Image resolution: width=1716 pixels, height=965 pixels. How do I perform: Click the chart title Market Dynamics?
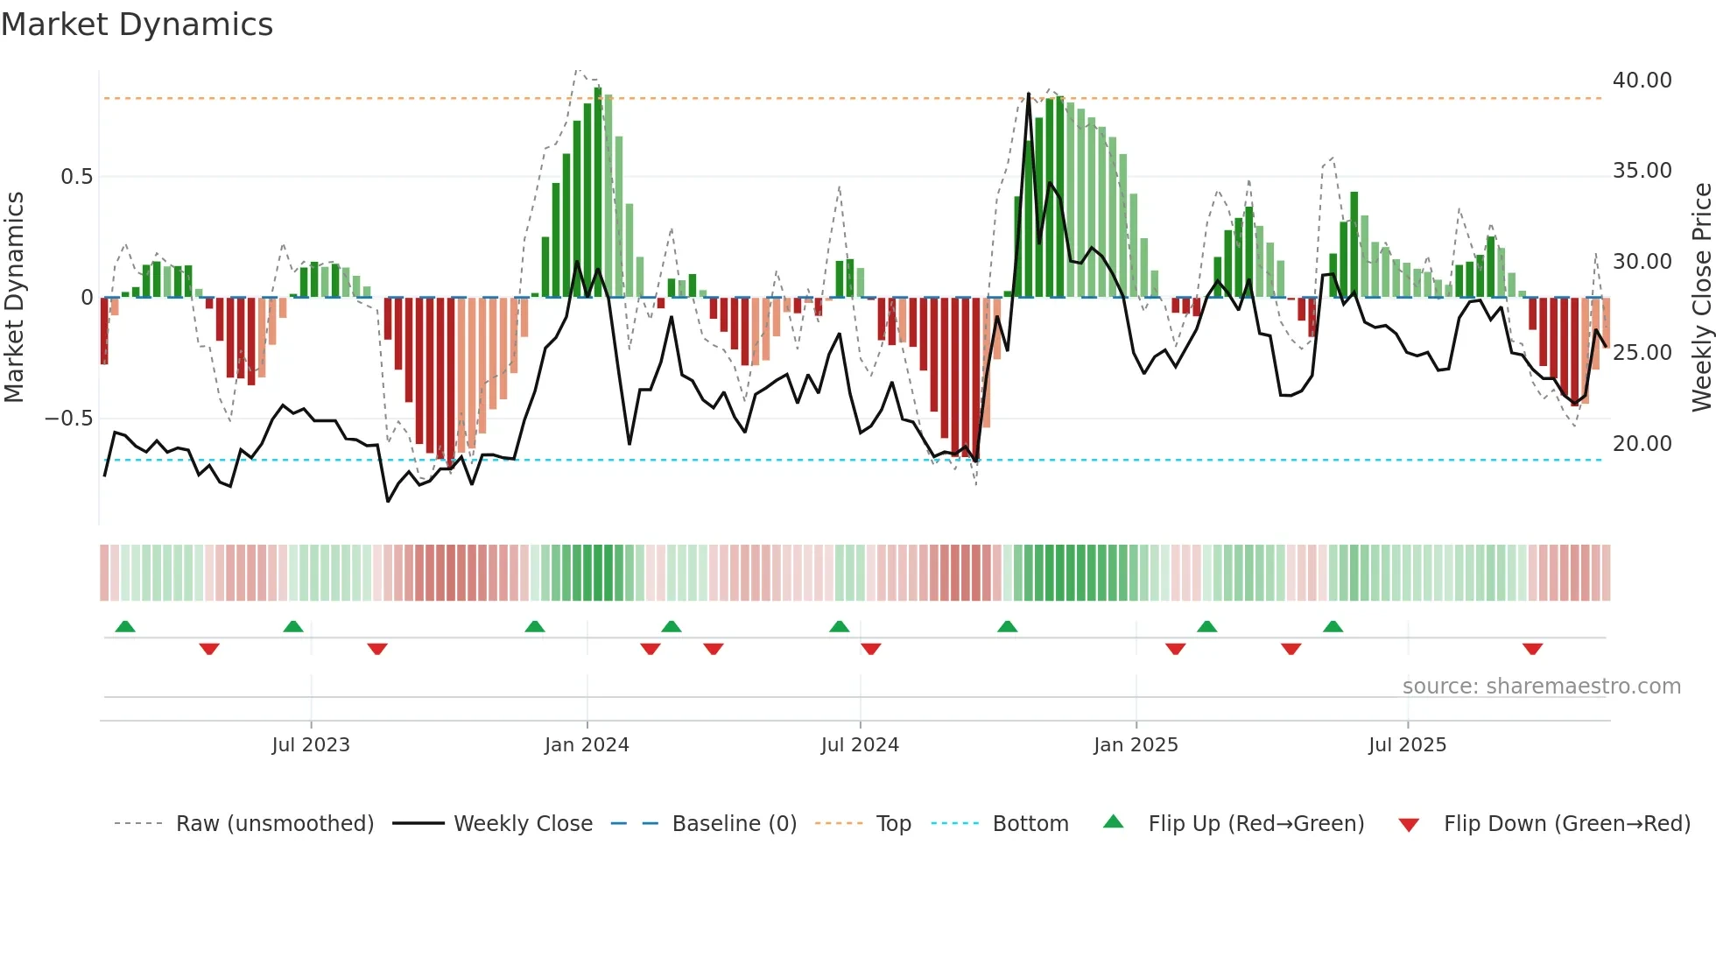[137, 25]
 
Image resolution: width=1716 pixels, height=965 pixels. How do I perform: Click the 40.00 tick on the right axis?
[1642, 81]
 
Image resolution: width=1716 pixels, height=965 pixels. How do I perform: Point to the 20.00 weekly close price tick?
[1642, 444]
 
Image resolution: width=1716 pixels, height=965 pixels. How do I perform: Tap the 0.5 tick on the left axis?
[76, 177]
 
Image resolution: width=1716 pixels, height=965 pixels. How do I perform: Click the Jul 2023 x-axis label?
[310, 745]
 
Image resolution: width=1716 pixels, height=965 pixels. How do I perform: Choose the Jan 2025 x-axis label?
[1135, 745]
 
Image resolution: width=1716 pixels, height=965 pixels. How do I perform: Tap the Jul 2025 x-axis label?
[1407, 745]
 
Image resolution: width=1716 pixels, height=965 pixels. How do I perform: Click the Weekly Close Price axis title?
[1701, 298]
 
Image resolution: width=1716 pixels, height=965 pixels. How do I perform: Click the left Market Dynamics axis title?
[14, 298]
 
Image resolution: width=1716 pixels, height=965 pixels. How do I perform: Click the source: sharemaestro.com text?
[1541, 687]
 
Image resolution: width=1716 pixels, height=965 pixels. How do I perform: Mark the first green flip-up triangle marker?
[125, 626]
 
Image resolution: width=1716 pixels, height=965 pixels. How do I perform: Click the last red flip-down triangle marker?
[1532, 649]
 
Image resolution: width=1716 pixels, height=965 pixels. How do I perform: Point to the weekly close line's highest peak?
[1028, 94]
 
